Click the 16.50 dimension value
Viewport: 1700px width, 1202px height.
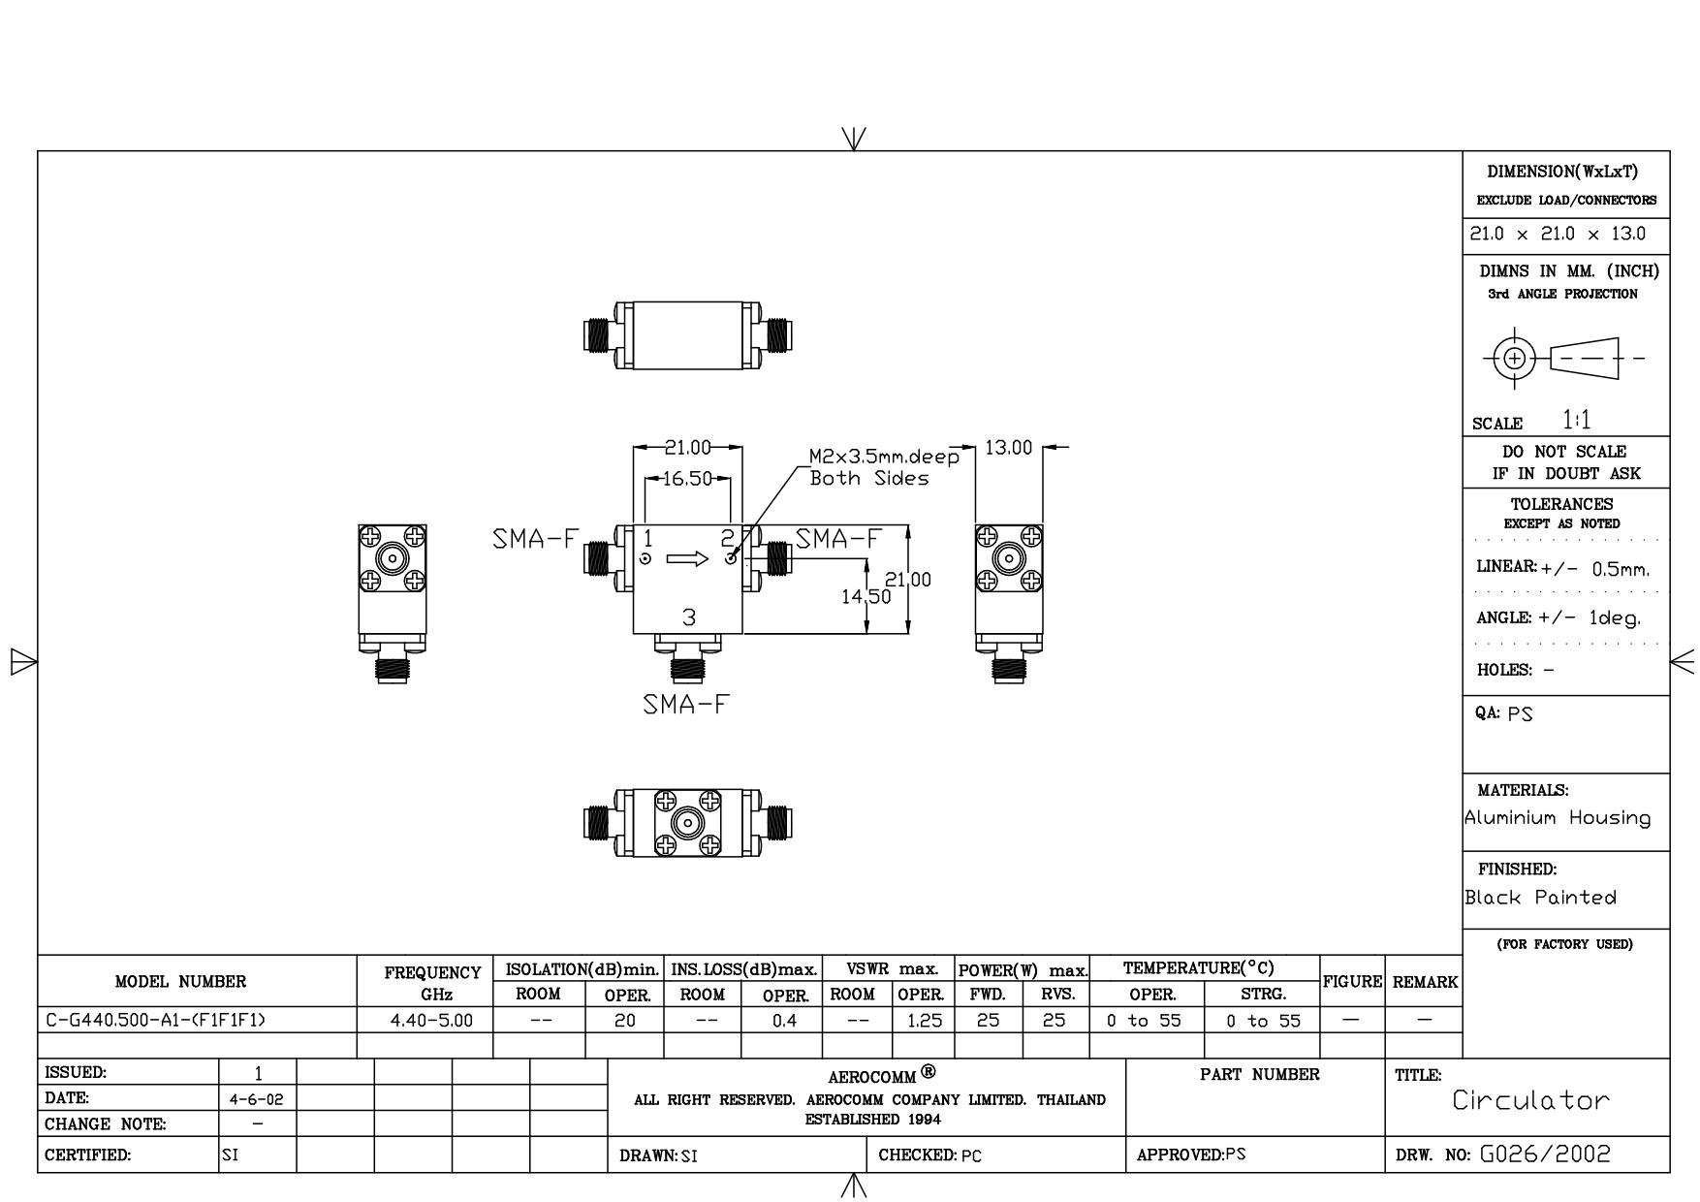[x=688, y=479]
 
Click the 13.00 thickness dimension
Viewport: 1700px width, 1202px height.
[x=1009, y=448]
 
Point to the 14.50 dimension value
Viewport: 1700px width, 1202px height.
[x=866, y=597]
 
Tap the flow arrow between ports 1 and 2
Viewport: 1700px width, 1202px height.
[x=688, y=558]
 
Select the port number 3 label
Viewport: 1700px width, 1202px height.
[x=688, y=617]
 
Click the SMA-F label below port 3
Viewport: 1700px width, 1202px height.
[x=684, y=705]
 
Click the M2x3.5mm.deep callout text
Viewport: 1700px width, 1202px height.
[x=884, y=457]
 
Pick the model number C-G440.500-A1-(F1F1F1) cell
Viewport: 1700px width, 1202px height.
[x=155, y=1021]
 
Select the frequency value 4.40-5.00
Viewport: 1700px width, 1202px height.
[x=431, y=1021]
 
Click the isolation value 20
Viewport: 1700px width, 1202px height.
[x=625, y=1021]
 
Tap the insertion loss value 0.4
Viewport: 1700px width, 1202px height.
[x=784, y=1021]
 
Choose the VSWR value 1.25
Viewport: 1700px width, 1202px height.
[x=925, y=1021]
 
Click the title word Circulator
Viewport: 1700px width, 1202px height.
[x=1530, y=1100]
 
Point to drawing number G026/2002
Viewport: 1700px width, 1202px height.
[x=1545, y=1155]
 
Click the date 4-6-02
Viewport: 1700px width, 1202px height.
[x=258, y=1100]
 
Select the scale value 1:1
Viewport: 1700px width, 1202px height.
[x=1577, y=420]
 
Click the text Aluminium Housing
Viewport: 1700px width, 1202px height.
[x=1558, y=818]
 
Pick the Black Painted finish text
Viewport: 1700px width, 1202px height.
[x=1541, y=898]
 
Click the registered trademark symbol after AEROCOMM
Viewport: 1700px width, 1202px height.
[x=929, y=1071]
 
